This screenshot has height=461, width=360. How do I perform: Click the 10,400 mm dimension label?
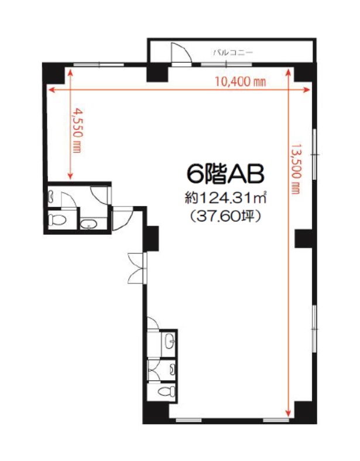tap(241, 81)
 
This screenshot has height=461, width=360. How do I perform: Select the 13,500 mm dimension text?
tap(296, 169)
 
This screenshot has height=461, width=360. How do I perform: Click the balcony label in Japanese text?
tap(233, 53)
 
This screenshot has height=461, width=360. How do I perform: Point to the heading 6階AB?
tap(225, 174)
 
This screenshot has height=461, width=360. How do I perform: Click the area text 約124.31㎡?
tap(225, 198)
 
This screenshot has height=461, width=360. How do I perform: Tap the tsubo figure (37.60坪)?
tap(225, 217)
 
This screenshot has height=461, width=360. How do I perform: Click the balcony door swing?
tap(181, 53)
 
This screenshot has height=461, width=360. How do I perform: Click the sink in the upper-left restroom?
tap(88, 224)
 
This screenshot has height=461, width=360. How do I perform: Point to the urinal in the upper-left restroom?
tap(52, 196)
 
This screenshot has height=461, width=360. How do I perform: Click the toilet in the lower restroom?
tap(166, 391)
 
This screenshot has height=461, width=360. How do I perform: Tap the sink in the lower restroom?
tap(169, 342)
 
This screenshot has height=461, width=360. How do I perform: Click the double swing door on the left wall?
tap(136, 268)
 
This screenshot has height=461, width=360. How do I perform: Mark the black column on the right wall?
tap(303, 238)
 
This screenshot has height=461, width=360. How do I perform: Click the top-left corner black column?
tap(53, 73)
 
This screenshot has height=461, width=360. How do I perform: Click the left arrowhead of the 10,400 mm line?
tap(52, 90)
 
